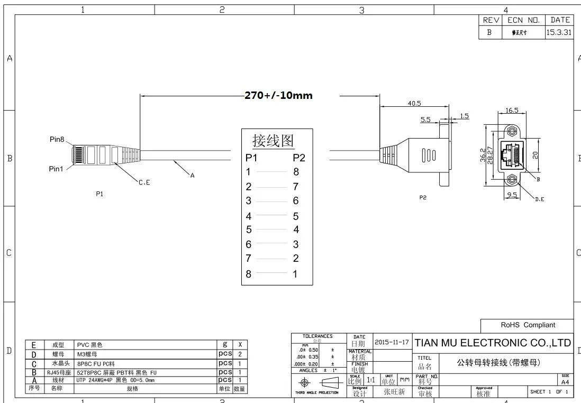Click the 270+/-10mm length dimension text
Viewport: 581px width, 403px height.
278,96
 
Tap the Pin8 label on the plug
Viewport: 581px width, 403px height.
57,140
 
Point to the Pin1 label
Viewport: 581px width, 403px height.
57,169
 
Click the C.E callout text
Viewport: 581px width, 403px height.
144,182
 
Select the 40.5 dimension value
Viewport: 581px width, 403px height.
414,104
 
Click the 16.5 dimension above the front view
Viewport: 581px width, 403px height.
512,111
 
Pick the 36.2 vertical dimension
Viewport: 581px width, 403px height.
483,155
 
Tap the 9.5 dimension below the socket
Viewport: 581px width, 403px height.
512,195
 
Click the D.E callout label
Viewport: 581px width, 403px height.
539,199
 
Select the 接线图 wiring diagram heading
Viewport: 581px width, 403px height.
273,141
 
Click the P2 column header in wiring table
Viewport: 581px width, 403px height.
299,158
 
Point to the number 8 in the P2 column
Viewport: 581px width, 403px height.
296,172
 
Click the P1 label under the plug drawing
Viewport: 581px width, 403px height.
99,194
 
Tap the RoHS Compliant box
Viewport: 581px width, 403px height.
528,325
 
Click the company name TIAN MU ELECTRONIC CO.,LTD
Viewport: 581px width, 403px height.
493,343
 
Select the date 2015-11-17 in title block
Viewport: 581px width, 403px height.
392,342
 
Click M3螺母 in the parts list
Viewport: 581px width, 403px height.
87,354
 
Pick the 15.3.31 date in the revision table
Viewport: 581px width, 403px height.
559,32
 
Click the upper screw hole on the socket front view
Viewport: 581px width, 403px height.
512,131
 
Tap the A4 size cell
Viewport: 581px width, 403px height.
565,381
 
